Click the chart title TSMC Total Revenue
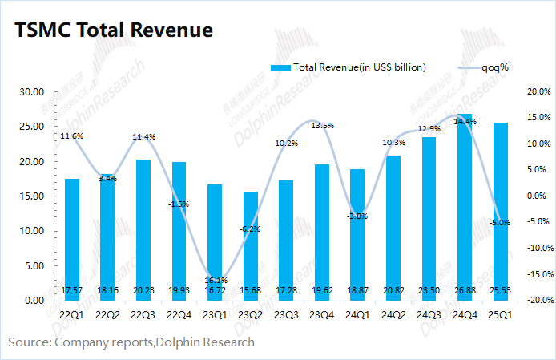(x=113, y=30)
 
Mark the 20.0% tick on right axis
(x=533, y=92)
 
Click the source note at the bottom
(x=131, y=342)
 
